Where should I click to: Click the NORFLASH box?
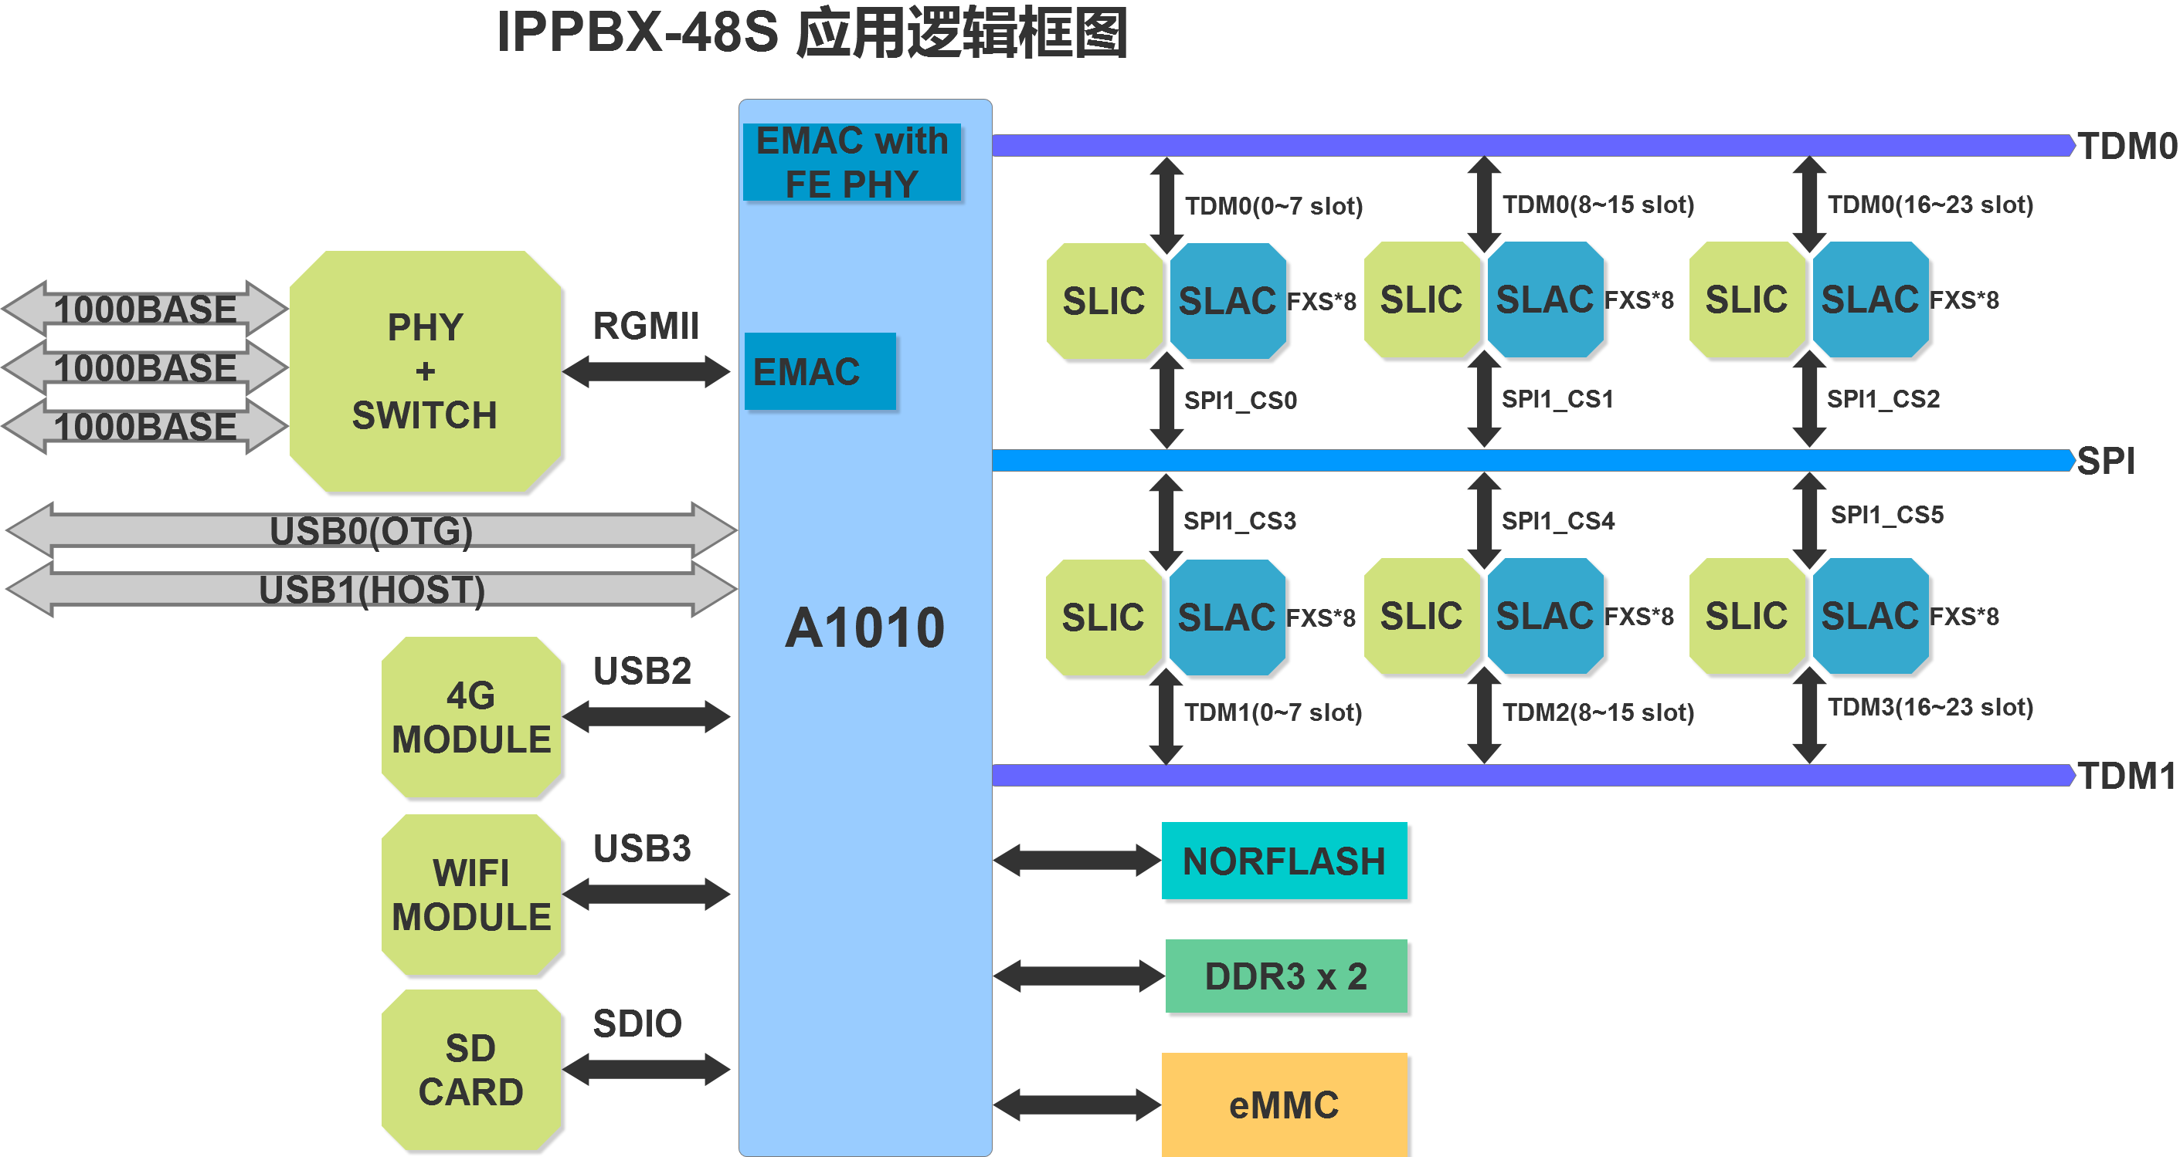1284,861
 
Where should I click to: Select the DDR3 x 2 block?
1285,976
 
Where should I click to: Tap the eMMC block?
1284,1105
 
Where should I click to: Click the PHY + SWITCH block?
425,371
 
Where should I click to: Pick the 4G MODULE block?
471,717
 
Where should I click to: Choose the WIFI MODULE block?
471,895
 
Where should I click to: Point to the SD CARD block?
471,1070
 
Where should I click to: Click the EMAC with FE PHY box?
851,162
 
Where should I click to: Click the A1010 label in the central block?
864,628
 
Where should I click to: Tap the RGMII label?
646,326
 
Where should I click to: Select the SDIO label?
637,1023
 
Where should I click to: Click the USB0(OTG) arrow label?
371,531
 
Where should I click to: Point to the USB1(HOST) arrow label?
371,590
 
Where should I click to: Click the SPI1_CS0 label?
1240,400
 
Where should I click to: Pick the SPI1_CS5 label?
1886,514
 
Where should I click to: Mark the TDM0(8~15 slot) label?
1598,205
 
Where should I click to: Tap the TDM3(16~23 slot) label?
1930,707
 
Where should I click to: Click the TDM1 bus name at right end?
2126,776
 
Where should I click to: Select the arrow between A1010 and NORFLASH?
1076,861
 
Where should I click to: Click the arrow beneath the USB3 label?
646,894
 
